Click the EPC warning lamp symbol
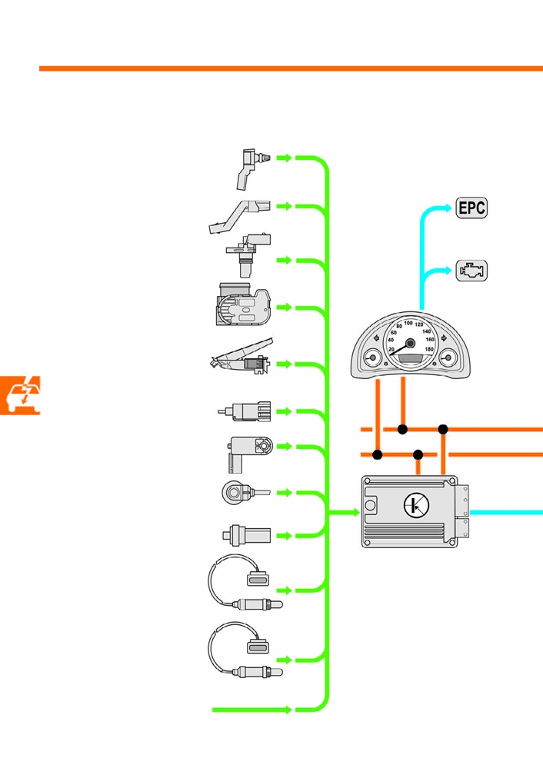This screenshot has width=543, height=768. [x=471, y=208]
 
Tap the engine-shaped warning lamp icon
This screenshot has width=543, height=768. [x=471, y=271]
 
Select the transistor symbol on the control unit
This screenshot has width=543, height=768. [x=416, y=505]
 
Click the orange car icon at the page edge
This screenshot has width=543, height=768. [x=19, y=395]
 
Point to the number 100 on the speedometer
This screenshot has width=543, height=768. [x=408, y=323]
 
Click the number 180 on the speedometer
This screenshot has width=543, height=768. [x=429, y=349]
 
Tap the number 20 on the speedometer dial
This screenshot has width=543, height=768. [x=391, y=349]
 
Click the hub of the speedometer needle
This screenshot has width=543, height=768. [x=410, y=343]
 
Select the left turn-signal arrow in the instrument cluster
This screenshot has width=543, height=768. [x=376, y=338]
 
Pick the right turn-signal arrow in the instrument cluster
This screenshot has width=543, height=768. [x=444, y=338]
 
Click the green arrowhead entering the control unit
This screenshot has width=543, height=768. [x=356, y=512]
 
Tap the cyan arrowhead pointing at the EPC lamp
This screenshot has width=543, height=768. [x=448, y=208]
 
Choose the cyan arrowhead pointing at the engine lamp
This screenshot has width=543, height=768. [x=448, y=270]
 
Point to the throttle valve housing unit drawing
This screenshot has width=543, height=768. [x=242, y=304]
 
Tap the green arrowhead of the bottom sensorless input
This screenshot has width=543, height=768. [x=288, y=710]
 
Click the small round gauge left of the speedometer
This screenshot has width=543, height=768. [x=373, y=357]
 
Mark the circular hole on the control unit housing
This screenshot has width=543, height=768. [x=371, y=504]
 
